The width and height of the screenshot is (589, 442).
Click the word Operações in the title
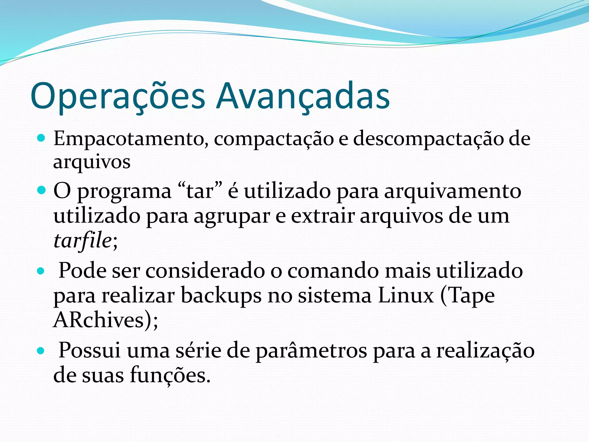coord(118,96)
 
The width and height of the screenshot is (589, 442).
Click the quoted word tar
coord(200,191)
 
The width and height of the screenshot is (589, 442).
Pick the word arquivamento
coord(453,191)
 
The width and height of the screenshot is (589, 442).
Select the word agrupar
coord(232,216)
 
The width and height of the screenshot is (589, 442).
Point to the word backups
coord(221,296)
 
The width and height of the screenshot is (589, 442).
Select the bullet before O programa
coord(41,190)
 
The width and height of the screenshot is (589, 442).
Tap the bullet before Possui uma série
coord(41,351)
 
